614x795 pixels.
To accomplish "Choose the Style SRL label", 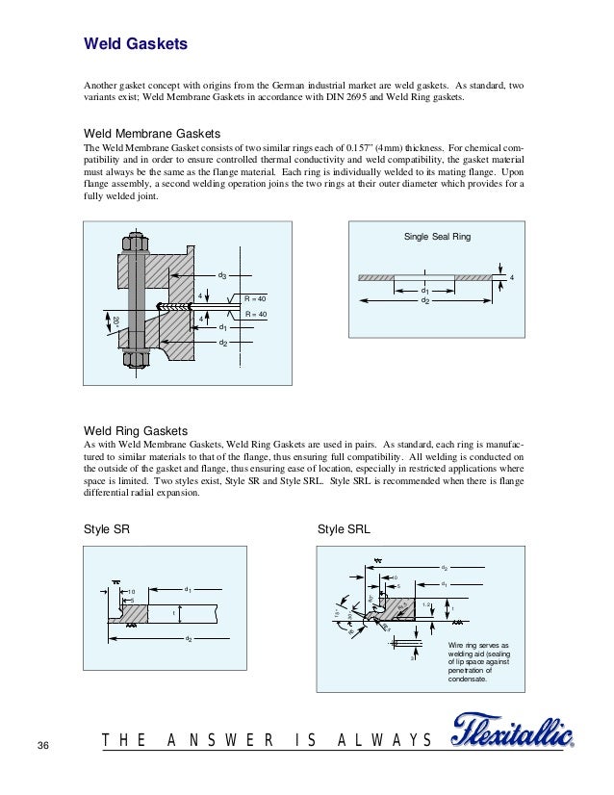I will coord(344,529).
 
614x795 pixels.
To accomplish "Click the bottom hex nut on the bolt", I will coord(135,360).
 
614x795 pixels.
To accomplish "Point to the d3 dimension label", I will coord(221,276).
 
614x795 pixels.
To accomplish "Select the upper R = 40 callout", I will coord(255,298).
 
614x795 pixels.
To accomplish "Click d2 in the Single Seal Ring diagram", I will coord(424,300).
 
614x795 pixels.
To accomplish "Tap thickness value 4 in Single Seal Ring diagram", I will coord(512,278).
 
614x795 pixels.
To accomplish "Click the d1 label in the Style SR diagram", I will coord(189,589).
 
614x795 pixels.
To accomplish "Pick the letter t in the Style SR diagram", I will coord(173,612).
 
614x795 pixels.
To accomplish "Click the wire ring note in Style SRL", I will coord(471,661).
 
